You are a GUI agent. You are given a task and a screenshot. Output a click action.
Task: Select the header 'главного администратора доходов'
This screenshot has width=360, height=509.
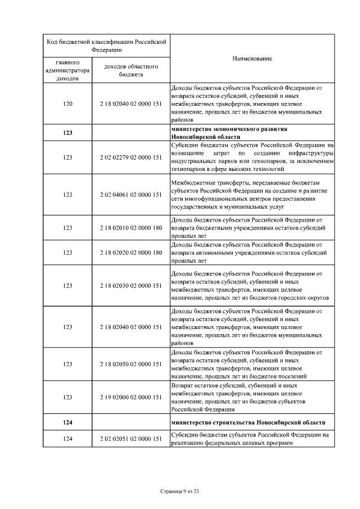[x=67, y=70]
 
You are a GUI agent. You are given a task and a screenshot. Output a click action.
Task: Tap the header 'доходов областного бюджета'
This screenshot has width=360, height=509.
[x=130, y=70]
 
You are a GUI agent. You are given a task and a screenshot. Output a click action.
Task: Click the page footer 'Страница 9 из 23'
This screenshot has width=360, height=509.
[x=180, y=492]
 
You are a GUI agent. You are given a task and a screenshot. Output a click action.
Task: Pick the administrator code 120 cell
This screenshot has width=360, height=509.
[x=67, y=104]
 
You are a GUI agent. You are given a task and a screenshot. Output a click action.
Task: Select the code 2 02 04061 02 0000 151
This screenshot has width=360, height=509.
[x=130, y=195]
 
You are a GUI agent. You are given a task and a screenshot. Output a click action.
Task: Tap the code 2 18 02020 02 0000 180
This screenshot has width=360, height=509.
[x=130, y=253]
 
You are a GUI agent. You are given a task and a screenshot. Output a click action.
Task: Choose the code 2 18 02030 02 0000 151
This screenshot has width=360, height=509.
[x=130, y=286]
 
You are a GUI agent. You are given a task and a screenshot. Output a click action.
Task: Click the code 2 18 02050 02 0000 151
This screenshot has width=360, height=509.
[x=130, y=364]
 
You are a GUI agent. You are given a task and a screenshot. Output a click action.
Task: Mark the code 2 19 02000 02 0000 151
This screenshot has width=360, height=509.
[x=130, y=397]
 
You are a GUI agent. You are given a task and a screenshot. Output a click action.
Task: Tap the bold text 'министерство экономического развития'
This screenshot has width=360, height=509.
[x=232, y=129]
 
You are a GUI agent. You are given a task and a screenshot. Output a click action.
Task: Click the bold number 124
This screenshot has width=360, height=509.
[x=67, y=422]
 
